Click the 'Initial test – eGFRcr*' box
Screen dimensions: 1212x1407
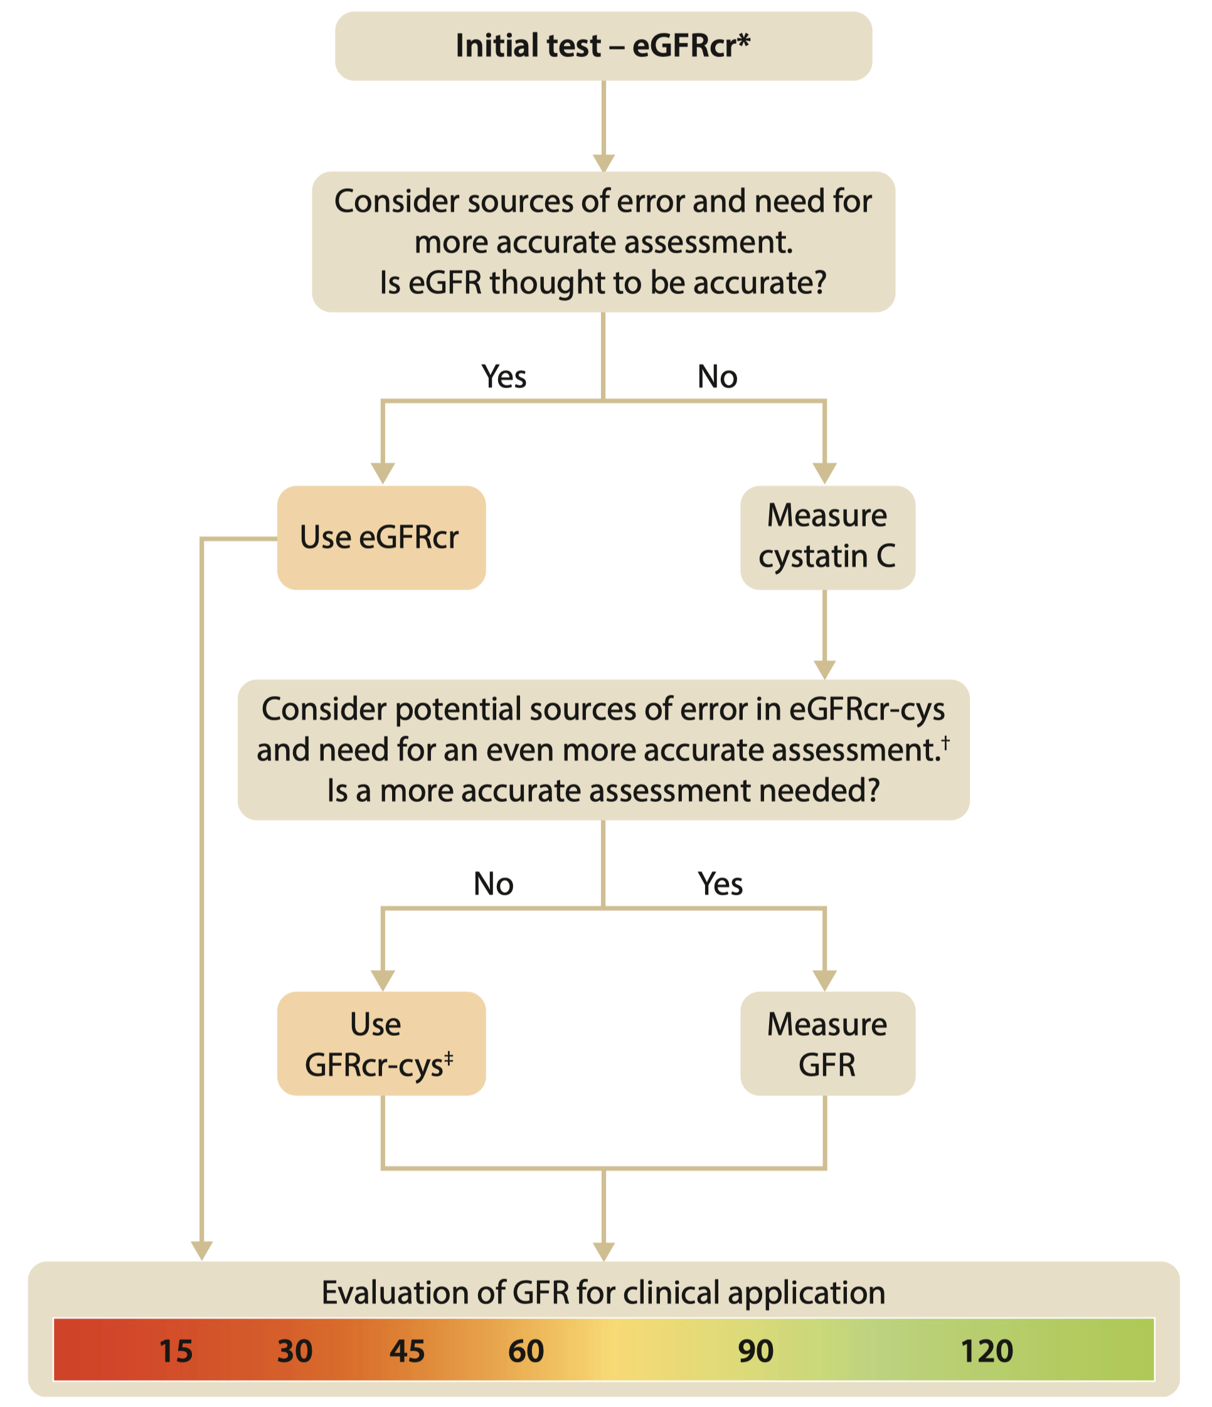click(603, 46)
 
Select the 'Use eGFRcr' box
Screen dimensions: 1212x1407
click(381, 537)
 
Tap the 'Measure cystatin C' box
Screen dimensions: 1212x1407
click(827, 537)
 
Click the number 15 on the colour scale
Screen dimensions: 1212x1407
click(176, 1351)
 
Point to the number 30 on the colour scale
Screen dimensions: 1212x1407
click(295, 1351)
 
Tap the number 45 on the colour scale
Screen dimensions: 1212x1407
click(407, 1351)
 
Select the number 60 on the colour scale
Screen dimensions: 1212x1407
click(526, 1351)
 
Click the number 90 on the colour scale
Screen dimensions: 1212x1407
click(755, 1351)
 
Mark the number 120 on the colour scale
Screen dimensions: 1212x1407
click(986, 1351)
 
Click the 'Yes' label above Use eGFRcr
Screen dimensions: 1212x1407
click(503, 376)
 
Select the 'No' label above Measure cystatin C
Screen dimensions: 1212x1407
click(718, 376)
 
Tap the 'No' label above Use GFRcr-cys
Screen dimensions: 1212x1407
click(493, 883)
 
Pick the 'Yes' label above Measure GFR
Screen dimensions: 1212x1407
click(720, 883)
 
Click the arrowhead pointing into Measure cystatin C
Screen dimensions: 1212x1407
click(825, 473)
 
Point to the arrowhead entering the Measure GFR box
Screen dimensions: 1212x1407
click(825, 980)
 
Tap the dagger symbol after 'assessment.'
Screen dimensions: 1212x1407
click(945, 742)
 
